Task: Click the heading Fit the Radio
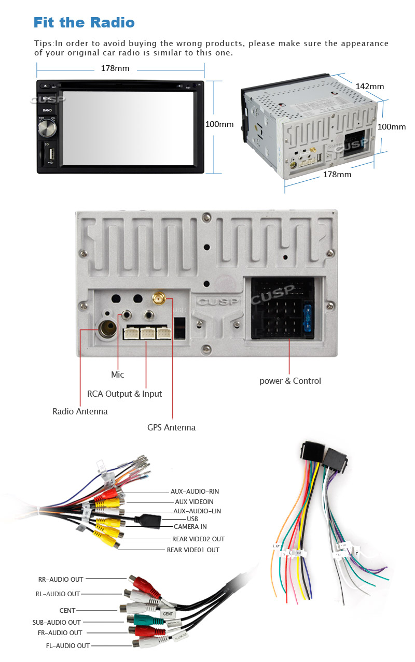(84, 23)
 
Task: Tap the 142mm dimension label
(369, 86)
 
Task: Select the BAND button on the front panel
(47, 110)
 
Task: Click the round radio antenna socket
(109, 328)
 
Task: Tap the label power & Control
(290, 381)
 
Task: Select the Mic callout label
(118, 375)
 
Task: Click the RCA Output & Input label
(125, 394)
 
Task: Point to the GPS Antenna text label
(171, 427)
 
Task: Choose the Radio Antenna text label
(80, 411)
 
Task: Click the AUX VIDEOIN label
(194, 501)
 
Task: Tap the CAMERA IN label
(190, 527)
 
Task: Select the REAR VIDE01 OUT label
(193, 550)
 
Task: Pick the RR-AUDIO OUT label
(61, 579)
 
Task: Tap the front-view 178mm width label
(115, 68)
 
